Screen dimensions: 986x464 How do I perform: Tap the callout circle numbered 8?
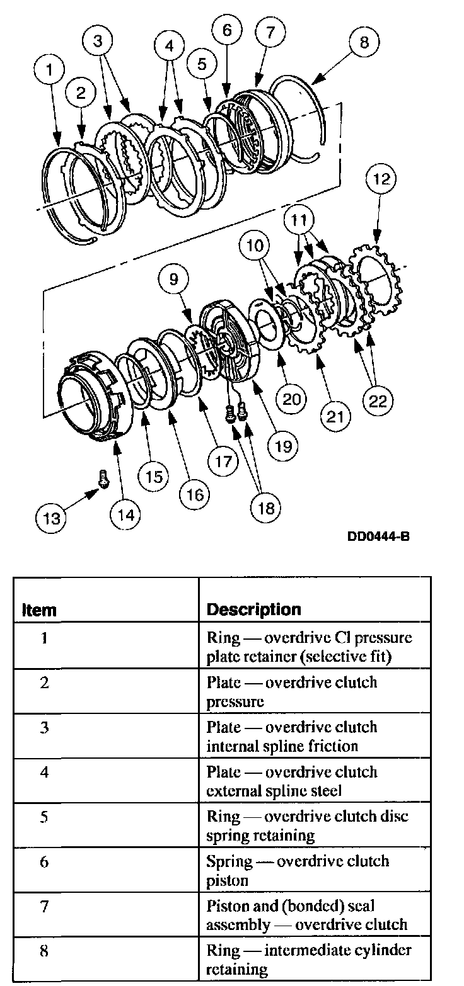(364, 43)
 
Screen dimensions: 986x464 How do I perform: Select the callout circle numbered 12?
(380, 179)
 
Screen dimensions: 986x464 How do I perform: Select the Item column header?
(39, 610)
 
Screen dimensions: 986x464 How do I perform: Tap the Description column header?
(253, 609)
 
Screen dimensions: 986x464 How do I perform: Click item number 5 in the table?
(44, 817)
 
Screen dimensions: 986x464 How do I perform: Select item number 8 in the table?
(44, 951)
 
